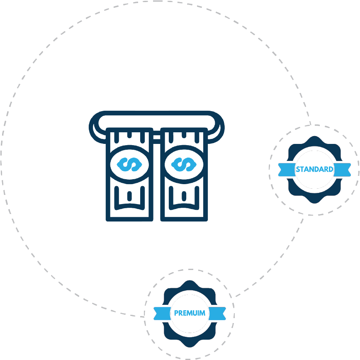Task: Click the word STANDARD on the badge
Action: click(x=314, y=169)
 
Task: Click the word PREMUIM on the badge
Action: click(x=190, y=313)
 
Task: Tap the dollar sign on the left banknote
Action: click(x=129, y=164)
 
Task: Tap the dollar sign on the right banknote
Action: click(x=184, y=164)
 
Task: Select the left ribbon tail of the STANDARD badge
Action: click(x=287, y=170)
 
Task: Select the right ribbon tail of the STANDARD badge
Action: click(x=342, y=170)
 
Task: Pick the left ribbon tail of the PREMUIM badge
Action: click(x=162, y=314)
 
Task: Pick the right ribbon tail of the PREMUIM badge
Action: click(x=218, y=314)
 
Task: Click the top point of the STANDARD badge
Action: click(x=314, y=136)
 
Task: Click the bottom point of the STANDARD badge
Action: click(x=314, y=203)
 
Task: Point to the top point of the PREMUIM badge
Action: click(x=190, y=280)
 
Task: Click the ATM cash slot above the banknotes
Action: click(x=157, y=113)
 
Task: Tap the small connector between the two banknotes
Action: click(x=157, y=137)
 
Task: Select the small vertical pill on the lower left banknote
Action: click(x=129, y=196)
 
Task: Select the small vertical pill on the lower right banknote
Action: click(x=184, y=196)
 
